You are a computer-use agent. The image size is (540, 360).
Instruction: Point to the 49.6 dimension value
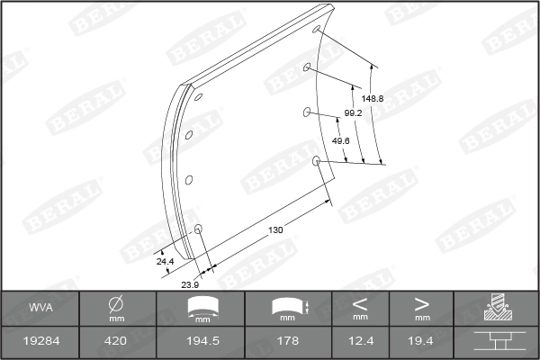340,141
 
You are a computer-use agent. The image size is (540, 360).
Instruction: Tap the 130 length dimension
275,230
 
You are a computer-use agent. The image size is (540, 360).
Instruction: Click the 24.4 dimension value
165,261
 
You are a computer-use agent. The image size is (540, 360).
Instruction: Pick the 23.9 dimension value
190,284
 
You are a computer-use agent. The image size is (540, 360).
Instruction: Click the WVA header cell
40,310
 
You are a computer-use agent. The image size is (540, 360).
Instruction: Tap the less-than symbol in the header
360,303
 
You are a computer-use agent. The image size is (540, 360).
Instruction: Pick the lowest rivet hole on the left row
199,229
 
